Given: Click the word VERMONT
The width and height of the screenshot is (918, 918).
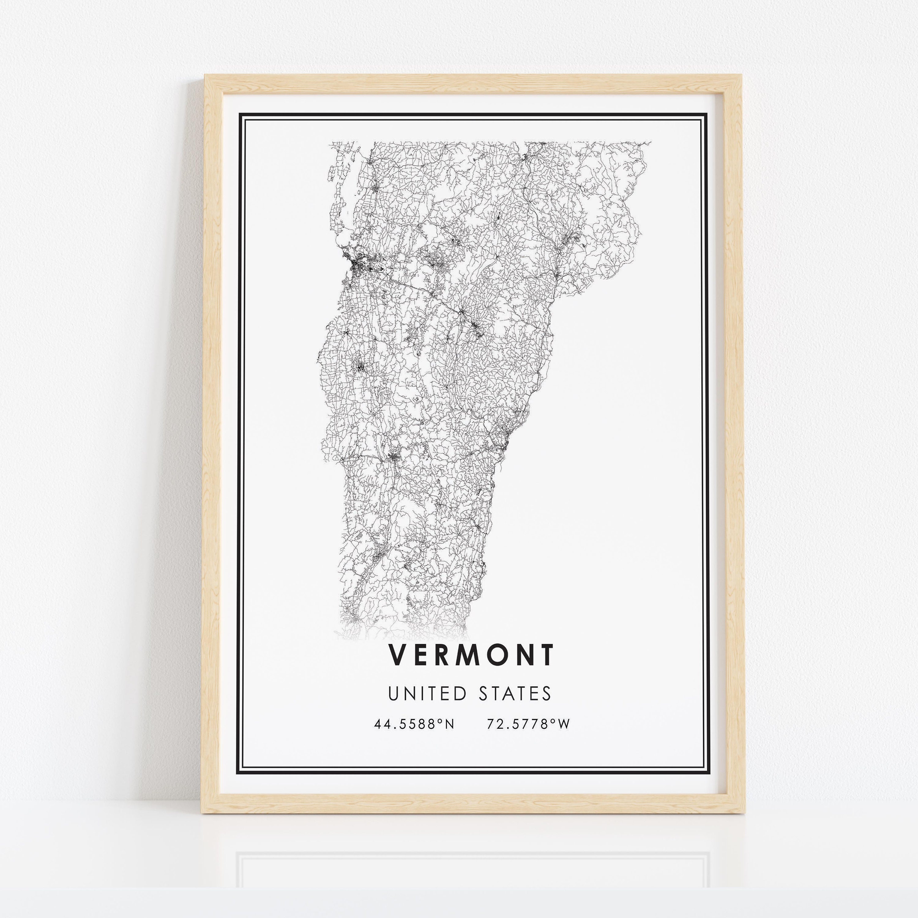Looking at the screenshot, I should [471, 655].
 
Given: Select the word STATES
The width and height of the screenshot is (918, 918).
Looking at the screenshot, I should [515, 694].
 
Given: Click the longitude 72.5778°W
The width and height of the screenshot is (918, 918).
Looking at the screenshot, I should [528, 724].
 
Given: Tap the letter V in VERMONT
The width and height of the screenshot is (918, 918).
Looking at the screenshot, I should [397, 655].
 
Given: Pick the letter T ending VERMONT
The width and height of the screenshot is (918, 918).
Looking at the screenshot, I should [547, 655].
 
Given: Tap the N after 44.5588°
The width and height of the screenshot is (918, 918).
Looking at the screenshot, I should [450, 724].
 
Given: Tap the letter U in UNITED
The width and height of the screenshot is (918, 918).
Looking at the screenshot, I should [394, 694].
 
